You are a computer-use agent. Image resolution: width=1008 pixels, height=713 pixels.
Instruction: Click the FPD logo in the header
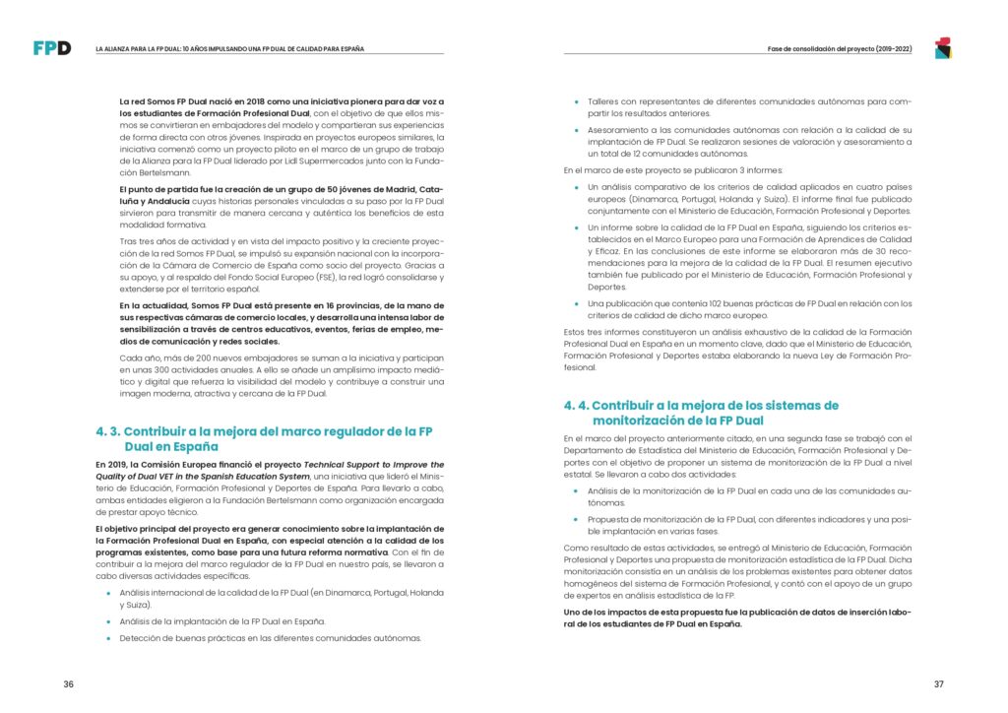tap(51, 47)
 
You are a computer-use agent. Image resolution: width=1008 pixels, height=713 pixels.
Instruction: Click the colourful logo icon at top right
tap(942, 47)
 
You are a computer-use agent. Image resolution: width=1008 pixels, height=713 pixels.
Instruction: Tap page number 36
tap(68, 684)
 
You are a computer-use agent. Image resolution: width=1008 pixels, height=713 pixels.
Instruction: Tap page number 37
tap(938, 684)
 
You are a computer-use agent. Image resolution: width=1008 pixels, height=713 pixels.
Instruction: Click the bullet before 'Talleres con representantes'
tap(577, 101)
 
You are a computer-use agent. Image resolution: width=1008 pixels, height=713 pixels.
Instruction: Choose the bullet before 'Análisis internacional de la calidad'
tap(108, 592)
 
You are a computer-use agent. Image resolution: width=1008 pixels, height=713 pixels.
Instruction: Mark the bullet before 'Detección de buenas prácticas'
tap(108, 638)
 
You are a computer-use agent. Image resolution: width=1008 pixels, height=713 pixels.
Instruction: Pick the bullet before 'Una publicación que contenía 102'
tap(577, 303)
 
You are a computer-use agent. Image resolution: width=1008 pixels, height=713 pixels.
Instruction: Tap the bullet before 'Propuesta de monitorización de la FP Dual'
tap(577, 519)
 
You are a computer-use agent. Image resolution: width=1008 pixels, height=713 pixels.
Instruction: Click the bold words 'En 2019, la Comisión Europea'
tap(153, 464)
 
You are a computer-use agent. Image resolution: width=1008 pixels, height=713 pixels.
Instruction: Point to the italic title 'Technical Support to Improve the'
tap(373, 464)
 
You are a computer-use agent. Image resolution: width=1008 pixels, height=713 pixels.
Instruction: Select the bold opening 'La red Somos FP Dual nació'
tap(182, 101)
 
